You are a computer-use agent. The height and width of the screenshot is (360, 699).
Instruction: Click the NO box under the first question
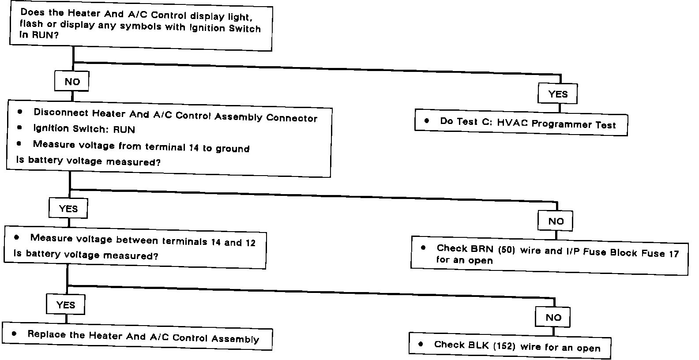click(x=72, y=82)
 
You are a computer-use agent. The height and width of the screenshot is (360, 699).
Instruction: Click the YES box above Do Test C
click(x=558, y=94)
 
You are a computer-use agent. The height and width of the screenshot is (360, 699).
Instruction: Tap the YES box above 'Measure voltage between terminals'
click(x=68, y=209)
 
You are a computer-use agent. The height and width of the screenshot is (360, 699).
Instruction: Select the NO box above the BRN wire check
click(x=555, y=221)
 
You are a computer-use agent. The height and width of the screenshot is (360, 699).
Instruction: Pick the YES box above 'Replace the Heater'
click(x=65, y=305)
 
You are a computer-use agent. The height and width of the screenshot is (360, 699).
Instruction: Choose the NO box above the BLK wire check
click(x=553, y=317)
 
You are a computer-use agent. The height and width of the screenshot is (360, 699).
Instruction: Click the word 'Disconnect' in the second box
click(x=61, y=112)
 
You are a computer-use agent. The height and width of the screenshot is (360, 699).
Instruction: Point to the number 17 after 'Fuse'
click(x=673, y=254)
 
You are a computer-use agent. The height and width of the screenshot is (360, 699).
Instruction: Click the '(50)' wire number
click(x=506, y=250)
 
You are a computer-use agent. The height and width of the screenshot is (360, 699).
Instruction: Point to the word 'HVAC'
click(x=512, y=123)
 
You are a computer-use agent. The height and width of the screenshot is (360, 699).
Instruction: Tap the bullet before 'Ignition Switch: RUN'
click(x=19, y=128)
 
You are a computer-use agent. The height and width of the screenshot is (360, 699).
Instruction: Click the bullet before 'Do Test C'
click(x=427, y=120)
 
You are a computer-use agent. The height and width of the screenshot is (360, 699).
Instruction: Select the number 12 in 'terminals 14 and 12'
click(x=250, y=243)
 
